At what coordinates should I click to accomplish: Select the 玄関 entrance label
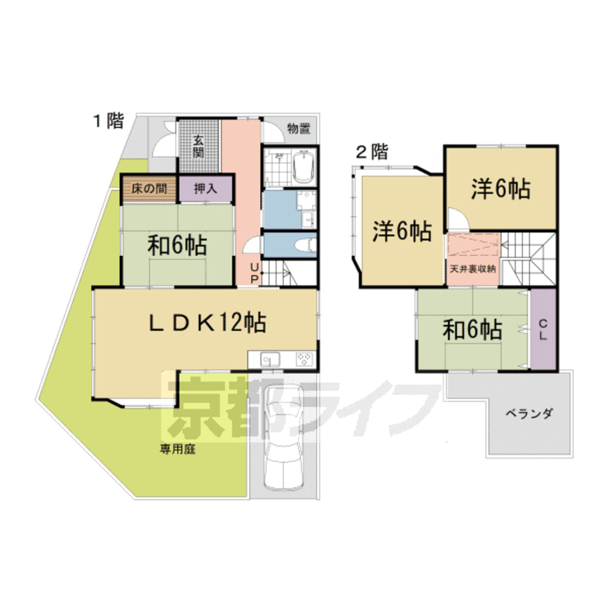pyautogui.click(x=199, y=146)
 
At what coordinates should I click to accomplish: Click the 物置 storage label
pyautogui.click(x=299, y=128)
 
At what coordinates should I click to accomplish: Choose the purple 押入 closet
pyautogui.click(x=206, y=188)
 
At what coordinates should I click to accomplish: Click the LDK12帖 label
pyautogui.click(x=207, y=323)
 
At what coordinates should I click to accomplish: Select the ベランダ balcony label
pyautogui.click(x=528, y=414)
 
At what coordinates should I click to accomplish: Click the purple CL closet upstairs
pyautogui.click(x=544, y=329)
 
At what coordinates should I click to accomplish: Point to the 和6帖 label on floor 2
pyautogui.click(x=472, y=330)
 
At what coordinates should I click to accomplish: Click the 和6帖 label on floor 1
pyautogui.click(x=178, y=246)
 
